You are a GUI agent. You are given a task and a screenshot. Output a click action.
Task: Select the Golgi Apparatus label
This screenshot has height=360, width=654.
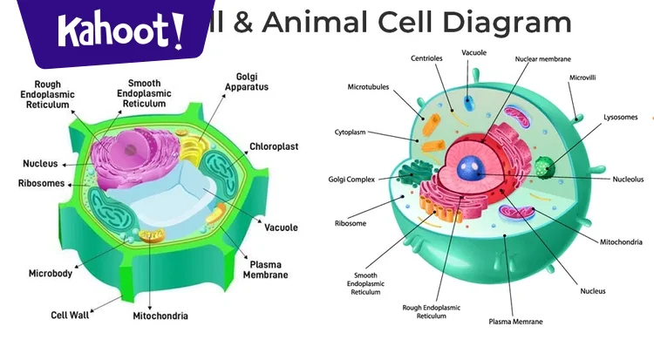246,82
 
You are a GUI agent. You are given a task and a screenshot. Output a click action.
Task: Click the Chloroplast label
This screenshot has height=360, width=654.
274,146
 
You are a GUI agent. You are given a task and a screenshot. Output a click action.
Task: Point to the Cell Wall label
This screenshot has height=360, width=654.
72,316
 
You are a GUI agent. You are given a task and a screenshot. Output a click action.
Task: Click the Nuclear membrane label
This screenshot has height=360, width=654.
543,58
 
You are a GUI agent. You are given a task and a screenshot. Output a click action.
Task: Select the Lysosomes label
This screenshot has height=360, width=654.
620,117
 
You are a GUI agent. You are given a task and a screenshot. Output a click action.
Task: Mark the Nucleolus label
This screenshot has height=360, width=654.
627,179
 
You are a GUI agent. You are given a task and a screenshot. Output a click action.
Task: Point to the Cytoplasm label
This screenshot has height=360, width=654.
350,132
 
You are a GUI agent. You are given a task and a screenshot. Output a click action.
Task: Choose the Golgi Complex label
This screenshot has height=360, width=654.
351,179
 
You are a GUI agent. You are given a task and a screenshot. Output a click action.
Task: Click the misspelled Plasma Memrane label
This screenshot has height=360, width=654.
515,322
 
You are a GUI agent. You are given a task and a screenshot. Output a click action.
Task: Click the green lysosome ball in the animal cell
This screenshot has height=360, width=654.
544,166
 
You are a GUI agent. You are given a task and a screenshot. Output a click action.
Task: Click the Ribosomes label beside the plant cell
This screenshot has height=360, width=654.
40,183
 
